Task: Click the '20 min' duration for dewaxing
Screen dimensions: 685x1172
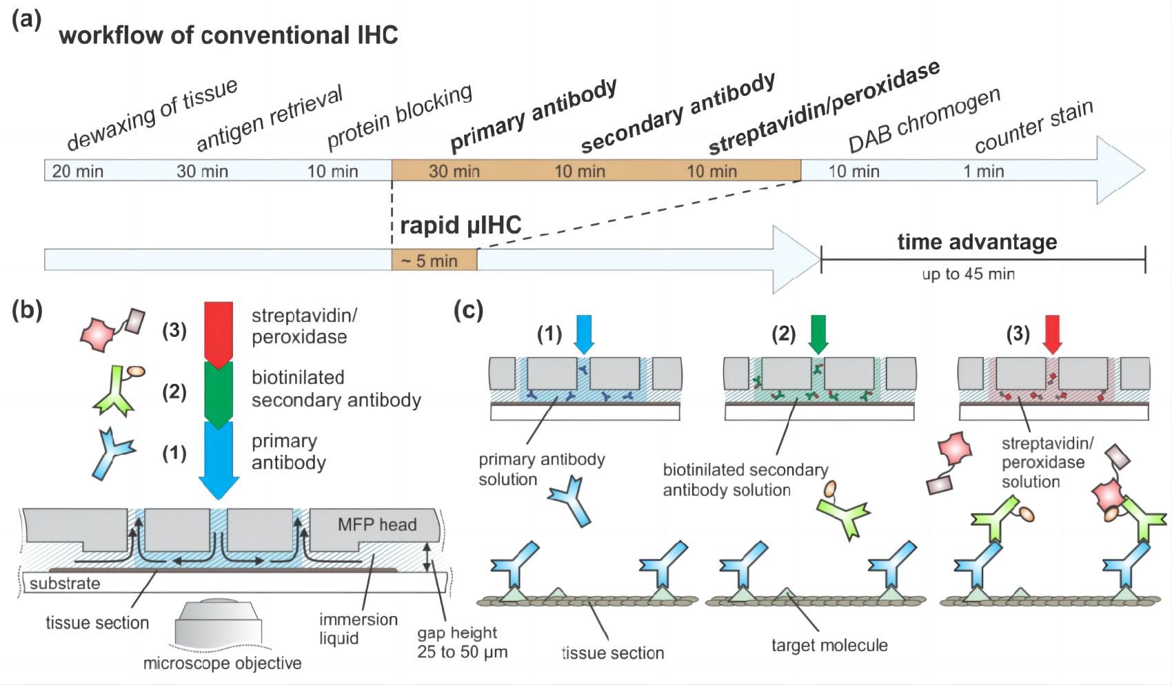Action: [78, 171]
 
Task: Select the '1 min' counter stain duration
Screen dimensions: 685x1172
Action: [983, 171]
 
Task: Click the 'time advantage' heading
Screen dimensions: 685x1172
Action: [976, 242]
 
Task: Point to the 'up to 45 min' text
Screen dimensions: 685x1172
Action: [968, 274]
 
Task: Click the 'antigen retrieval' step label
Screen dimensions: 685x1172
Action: [269, 119]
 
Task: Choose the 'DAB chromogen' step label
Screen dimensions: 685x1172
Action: [923, 121]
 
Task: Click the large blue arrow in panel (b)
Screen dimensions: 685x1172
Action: [219, 458]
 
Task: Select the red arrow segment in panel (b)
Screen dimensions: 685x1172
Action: [219, 333]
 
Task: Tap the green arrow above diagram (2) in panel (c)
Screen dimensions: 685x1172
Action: [818, 334]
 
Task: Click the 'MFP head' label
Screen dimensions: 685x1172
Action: [377, 524]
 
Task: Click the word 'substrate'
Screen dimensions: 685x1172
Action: [64, 584]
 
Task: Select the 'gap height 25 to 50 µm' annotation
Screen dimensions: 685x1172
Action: [461, 642]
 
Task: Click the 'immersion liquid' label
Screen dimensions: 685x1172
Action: [358, 628]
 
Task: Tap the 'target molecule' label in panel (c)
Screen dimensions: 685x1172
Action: [829, 646]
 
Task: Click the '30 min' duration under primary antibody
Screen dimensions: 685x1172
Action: [454, 171]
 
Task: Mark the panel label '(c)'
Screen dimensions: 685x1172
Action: [468, 311]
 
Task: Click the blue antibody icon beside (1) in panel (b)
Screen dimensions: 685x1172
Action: [114, 453]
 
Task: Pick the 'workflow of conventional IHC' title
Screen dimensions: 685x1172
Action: [228, 35]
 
